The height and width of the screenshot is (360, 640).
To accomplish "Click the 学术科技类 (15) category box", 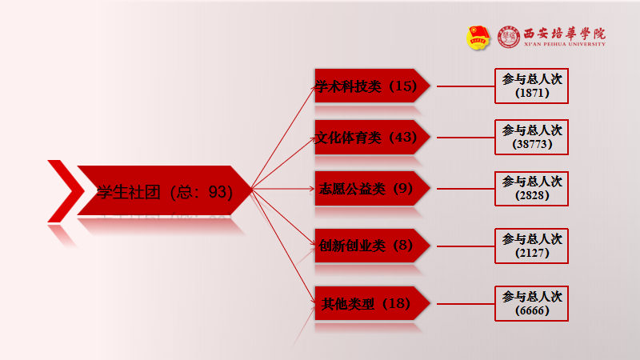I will click(367, 86).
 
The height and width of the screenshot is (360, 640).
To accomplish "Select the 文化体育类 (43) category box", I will click(367, 137).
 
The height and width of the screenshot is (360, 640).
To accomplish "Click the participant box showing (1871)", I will click(532, 86).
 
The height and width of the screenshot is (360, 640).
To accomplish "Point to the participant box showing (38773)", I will click(532, 138).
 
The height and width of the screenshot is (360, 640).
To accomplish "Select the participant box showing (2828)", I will click(532, 189).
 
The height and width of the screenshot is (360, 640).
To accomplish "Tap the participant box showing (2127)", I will click(532, 246).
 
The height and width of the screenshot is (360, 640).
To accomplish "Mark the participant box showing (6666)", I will click(532, 304).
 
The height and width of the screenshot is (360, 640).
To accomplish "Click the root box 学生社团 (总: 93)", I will click(164, 191).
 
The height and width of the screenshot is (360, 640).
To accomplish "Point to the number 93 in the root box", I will click(218, 192).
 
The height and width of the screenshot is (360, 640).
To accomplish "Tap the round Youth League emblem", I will click(478, 37).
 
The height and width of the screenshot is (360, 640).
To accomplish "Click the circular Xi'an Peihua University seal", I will click(509, 37).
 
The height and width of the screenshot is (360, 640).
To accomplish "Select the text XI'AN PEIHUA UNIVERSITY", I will click(564, 44).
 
